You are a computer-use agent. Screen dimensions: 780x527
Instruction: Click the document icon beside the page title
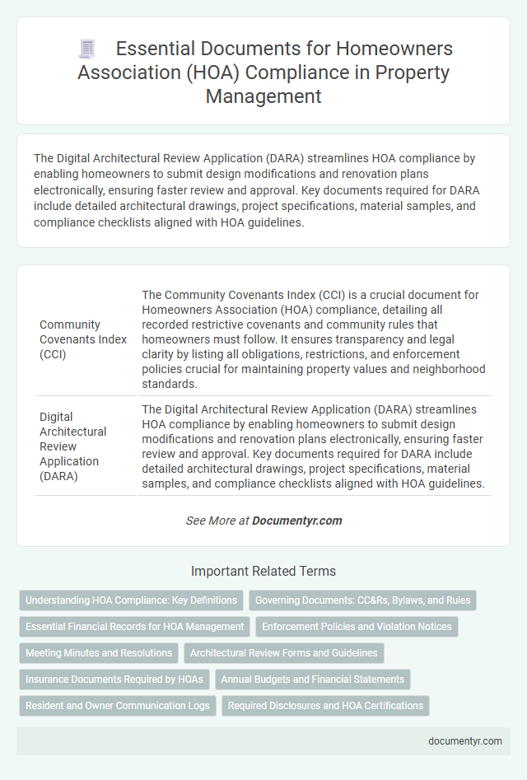(87, 49)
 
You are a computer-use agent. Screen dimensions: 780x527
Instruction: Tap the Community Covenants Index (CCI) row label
(82, 339)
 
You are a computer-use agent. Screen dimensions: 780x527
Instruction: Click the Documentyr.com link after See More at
(296, 521)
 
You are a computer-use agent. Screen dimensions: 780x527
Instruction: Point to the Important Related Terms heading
(263, 571)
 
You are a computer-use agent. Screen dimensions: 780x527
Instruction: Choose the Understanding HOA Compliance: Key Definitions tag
(132, 600)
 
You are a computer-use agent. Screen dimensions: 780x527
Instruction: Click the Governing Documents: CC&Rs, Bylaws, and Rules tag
(362, 600)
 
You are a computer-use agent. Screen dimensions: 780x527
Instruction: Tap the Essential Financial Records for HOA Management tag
(135, 627)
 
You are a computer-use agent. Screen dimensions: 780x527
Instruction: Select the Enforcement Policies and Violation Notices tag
(357, 627)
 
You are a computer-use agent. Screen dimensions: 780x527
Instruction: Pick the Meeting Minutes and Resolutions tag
(99, 653)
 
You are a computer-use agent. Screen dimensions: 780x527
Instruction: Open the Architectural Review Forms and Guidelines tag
(284, 653)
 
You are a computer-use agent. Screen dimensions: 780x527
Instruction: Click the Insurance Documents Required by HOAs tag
(114, 680)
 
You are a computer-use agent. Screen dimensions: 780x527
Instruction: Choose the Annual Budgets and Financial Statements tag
(313, 680)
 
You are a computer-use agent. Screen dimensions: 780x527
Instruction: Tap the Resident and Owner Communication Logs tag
(118, 706)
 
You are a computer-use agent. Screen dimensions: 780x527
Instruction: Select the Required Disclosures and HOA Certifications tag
(325, 706)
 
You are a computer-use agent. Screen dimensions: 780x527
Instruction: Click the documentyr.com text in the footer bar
(465, 740)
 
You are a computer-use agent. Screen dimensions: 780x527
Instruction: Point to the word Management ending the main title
(263, 96)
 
